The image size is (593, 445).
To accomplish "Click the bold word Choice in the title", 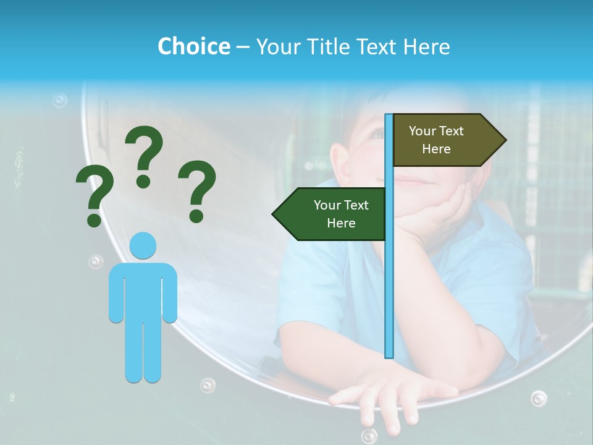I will click(x=193, y=46).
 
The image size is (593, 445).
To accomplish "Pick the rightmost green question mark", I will click(x=197, y=190).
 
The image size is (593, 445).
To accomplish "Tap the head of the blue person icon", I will click(x=143, y=246).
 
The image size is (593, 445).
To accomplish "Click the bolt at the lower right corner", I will click(x=539, y=399).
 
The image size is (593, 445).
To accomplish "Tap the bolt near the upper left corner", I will click(x=59, y=100).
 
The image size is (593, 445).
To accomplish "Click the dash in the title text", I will click(x=243, y=47).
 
